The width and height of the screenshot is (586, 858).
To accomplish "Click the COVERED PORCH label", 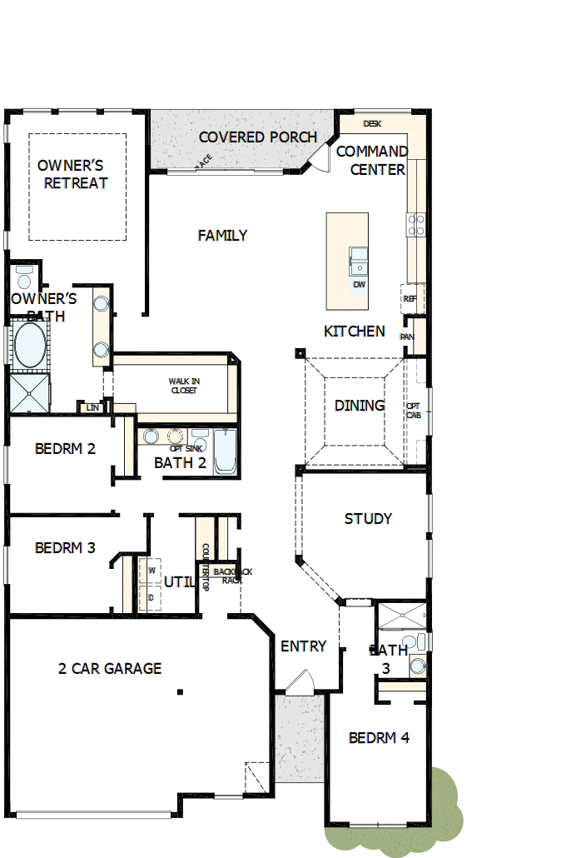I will (x=257, y=137).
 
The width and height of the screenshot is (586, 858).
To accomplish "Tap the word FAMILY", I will (x=222, y=236).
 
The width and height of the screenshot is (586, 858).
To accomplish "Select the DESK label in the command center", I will (x=372, y=123).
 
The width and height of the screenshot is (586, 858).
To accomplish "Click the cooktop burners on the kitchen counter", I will (x=415, y=223).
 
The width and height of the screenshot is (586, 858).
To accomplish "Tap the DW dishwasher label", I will (x=359, y=285).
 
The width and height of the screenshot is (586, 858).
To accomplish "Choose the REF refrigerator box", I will (x=410, y=298).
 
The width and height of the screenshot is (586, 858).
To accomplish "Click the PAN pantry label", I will (x=407, y=337).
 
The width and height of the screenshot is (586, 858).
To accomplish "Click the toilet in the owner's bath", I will (x=23, y=277).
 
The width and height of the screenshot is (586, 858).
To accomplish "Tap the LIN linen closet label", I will (x=92, y=407).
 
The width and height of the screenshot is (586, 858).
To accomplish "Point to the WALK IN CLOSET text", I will (x=184, y=386).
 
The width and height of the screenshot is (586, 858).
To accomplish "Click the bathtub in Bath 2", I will (x=225, y=451).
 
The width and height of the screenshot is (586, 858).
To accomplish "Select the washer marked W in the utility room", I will (x=151, y=571).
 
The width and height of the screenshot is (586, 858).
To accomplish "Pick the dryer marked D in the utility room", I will (x=151, y=597).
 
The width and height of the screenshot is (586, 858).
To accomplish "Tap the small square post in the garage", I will (x=179, y=691).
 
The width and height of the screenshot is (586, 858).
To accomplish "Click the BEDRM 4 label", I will (x=379, y=737).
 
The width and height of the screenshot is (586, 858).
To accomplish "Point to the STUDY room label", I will (x=368, y=519).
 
